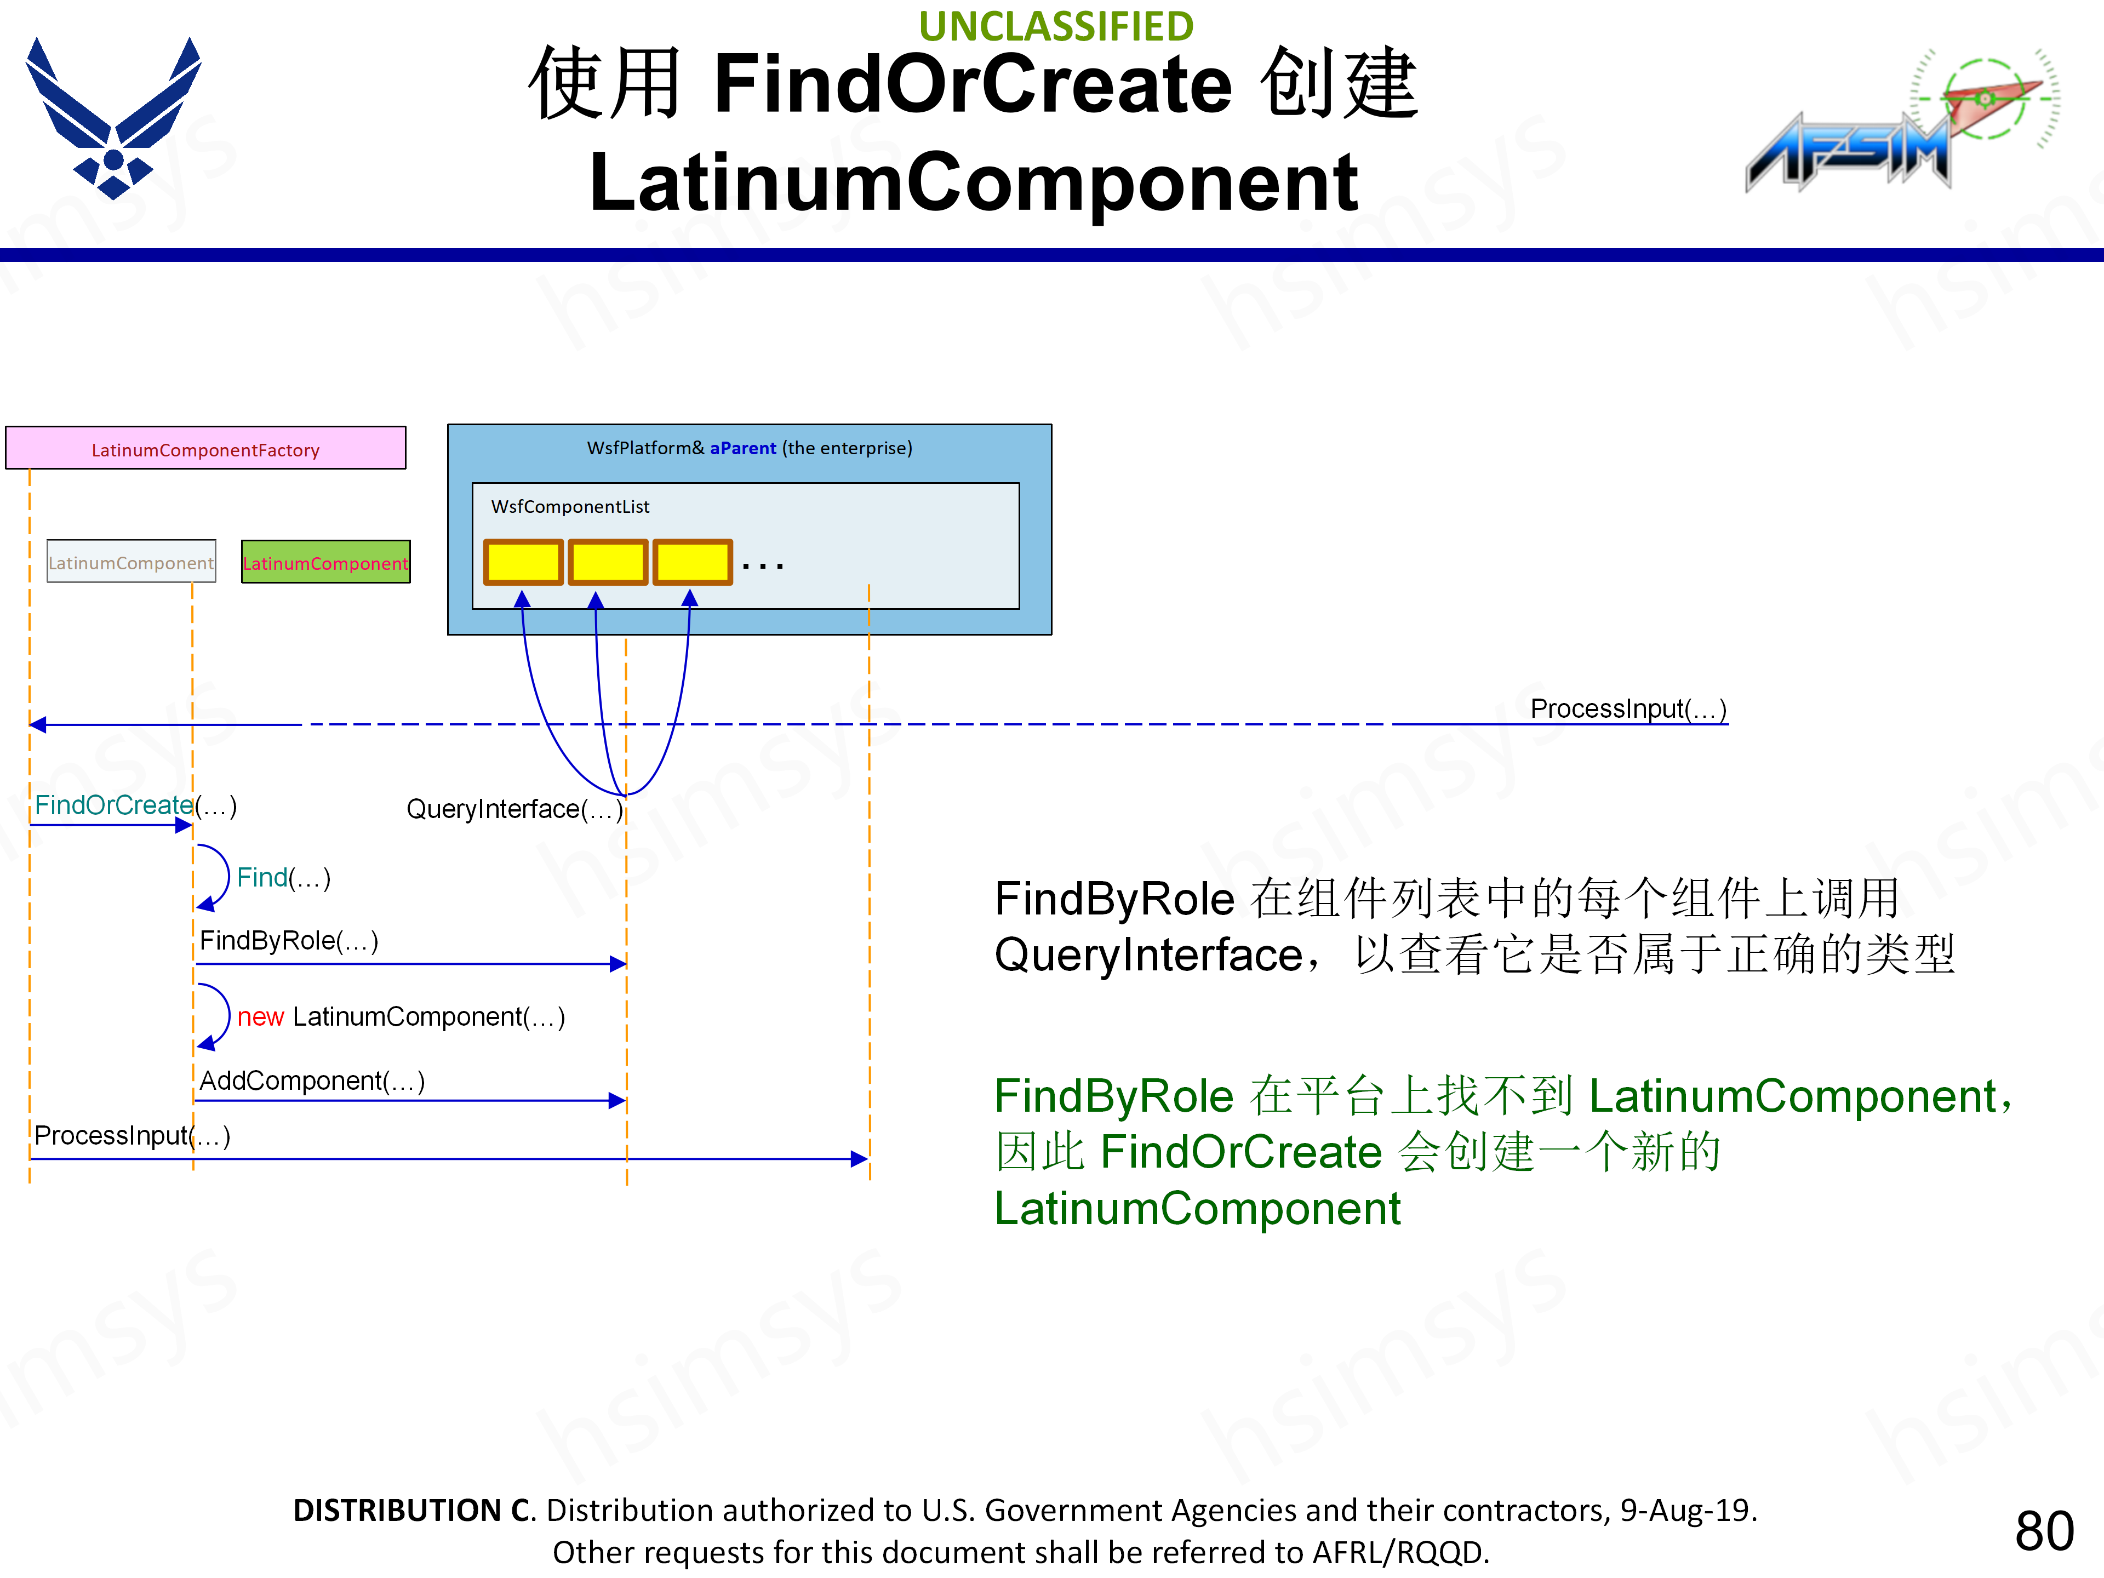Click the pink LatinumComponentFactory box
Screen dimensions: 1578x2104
[205, 448]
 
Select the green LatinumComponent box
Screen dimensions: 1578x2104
[325, 562]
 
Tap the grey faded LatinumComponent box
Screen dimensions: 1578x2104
[131, 562]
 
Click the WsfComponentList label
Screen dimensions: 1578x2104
[570, 507]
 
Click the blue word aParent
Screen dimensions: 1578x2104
[743, 448]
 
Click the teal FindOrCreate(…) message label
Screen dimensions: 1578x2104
[114, 805]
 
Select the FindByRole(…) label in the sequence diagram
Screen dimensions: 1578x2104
[288, 941]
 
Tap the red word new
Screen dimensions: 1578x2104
[261, 1017]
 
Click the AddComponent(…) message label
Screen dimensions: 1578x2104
[311, 1080]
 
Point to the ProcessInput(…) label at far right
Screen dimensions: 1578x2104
[1627, 708]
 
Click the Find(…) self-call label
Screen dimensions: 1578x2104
[283, 877]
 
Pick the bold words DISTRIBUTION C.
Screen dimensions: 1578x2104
[414, 1510]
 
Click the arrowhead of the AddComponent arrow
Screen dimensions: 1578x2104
[618, 1101]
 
